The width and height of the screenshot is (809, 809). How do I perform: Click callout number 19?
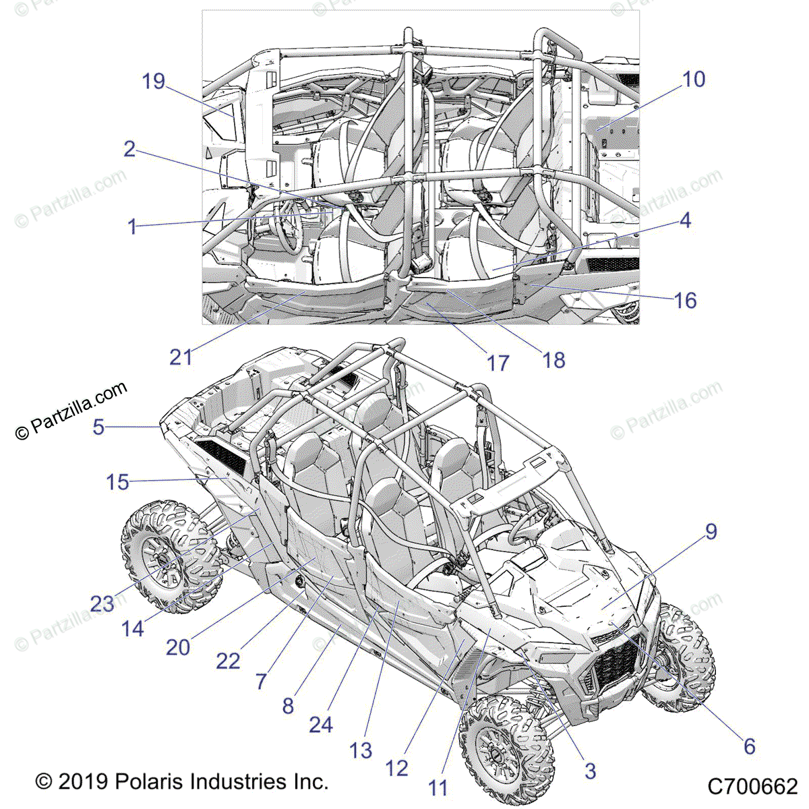click(154, 82)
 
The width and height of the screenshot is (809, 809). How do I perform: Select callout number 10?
click(694, 80)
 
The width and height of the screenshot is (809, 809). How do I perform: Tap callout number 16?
click(685, 301)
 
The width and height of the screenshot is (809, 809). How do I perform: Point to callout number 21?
click(181, 357)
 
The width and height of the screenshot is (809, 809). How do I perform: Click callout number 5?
click(99, 427)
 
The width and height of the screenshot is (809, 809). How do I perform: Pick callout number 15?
click(118, 482)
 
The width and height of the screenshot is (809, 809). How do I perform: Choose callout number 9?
click(711, 531)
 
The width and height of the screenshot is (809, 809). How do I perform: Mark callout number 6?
click(749, 746)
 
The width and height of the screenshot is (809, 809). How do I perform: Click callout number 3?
click(590, 771)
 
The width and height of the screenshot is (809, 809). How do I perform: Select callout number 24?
click(321, 725)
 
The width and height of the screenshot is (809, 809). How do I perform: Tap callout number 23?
click(102, 603)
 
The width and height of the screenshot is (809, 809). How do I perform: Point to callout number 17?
click(498, 363)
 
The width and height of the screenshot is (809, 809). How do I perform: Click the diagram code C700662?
click(752, 786)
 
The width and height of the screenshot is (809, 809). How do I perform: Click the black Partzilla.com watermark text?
click(71, 412)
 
